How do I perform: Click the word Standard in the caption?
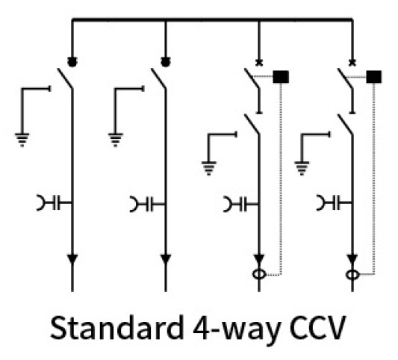[x=117, y=327]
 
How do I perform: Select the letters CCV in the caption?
[x=317, y=328]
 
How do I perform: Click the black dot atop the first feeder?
[x=72, y=62]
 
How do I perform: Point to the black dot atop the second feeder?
[x=166, y=62]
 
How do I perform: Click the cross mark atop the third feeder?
[x=259, y=63]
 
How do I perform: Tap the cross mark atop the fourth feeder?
[x=352, y=63]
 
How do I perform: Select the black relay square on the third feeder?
[x=281, y=77]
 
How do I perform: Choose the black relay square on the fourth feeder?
[x=374, y=77]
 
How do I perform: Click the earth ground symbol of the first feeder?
[x=22, y=140]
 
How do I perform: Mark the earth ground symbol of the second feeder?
[x=116, y=140]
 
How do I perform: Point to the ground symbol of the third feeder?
[x=209, y=168]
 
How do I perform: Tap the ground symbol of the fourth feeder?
[x=302, y=168]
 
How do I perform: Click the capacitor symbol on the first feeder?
[x=54, y=202]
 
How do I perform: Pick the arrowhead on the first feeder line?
[x=72, y=259]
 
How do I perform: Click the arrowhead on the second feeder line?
[x=166, y=259]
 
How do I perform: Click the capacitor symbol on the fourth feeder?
[x=334, y=202]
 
